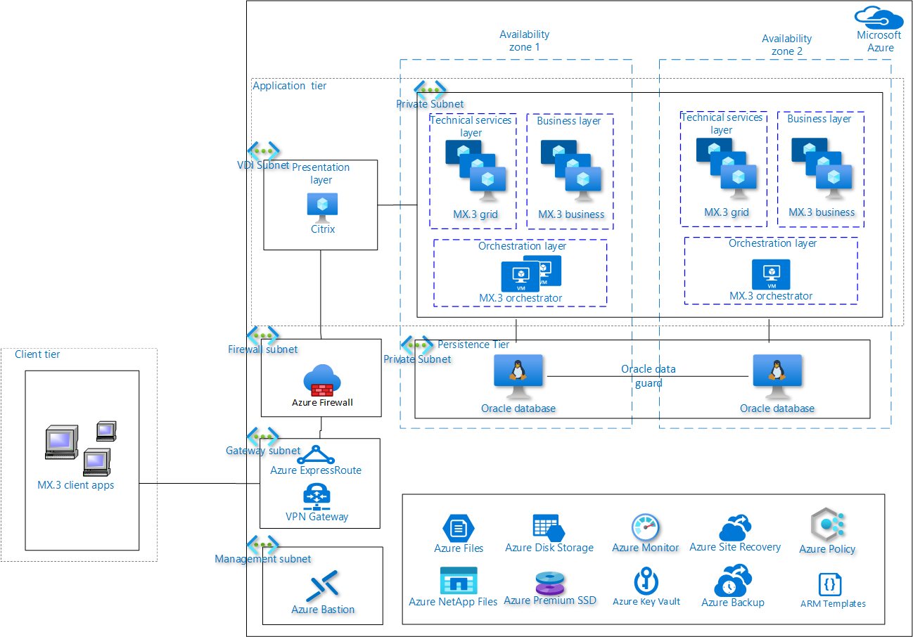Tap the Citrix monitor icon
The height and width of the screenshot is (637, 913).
point(322,207)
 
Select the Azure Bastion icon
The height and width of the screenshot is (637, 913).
point(323,585)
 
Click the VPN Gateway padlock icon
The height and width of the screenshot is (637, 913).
point(317,495)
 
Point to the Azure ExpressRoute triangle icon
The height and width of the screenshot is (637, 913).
point(316,454)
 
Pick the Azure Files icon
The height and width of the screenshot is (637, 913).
point(458,527)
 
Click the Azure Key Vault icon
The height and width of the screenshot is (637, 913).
point(646,581)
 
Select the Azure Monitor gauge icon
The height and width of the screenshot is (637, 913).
point(645,527)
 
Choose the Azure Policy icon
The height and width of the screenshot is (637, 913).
point(827,525)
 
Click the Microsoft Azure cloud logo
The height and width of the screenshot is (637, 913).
point(879,17)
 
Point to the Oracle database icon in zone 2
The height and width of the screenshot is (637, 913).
point(777,377)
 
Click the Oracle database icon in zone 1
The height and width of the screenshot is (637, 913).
point(518,377)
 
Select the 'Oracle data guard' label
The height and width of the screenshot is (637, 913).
point(648,376)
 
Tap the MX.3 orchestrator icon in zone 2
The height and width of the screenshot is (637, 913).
point(771,274)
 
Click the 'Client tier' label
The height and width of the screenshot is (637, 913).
point(37,354)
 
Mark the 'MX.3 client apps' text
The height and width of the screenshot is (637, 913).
point(75,485)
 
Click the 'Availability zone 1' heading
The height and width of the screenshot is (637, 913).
point(524,41)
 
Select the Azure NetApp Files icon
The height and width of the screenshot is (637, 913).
point(458,581)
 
